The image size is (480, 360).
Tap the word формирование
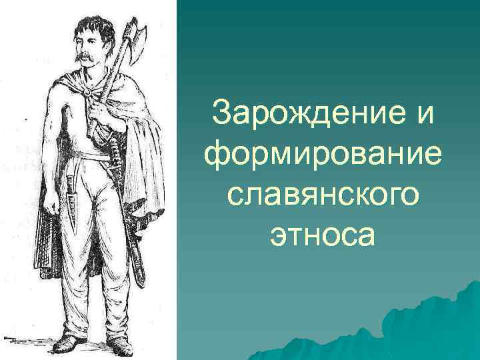(x=323, y=155)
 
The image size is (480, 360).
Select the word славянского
(x=323, y=195)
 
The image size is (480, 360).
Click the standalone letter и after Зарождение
(x=423, y=115)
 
